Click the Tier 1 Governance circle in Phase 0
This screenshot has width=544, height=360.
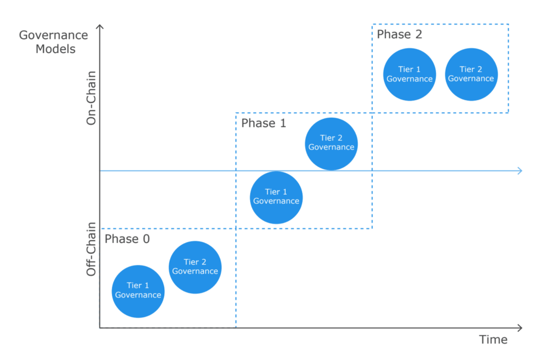coord(138,292)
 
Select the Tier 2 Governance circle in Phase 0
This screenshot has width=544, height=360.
coord(195,267)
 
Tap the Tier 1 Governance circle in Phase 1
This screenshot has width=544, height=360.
coord(276,197)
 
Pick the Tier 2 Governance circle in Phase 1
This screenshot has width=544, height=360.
coord(331,144)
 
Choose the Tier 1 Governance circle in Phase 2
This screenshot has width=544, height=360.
coord(410,75)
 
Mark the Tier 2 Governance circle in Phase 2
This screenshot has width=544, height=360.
coord(471,75)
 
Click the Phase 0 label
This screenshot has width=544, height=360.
coord(127,239)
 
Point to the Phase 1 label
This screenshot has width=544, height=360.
coord(263,123)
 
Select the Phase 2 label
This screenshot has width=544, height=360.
coord(399,34)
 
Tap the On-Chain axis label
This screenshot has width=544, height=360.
coord(91,98)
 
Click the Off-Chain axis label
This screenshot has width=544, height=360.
coord(91,249)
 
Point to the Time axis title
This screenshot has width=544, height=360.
coord(493,339)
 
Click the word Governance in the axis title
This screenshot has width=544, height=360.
coord(53,35)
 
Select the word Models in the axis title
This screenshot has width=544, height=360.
coord(55,49)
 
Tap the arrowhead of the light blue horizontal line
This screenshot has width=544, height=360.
coord(520,171)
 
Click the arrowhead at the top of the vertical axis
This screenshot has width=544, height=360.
coord(100,26)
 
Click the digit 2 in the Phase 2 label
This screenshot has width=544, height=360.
coord(419,34)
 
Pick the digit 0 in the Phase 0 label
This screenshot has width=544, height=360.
coord(147,239)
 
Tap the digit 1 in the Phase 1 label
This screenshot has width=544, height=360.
coord(283,123)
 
